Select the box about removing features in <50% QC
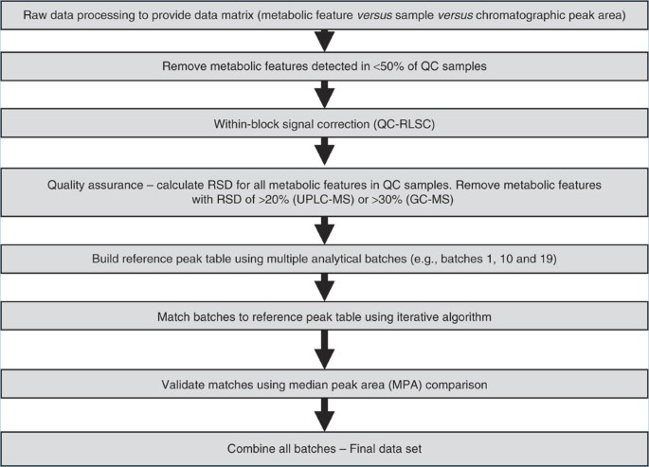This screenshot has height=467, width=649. (x=324, y=68)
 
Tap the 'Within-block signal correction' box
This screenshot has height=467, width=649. (x=324, y=122)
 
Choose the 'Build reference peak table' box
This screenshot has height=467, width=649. (x=324, y=259)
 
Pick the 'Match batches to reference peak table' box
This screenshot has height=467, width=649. (x=324, y=313)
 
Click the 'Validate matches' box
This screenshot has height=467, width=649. (x=324, y=386)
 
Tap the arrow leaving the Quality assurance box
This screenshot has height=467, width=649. (x=325, y=228)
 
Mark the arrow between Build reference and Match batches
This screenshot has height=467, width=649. (x=325, y=285)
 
